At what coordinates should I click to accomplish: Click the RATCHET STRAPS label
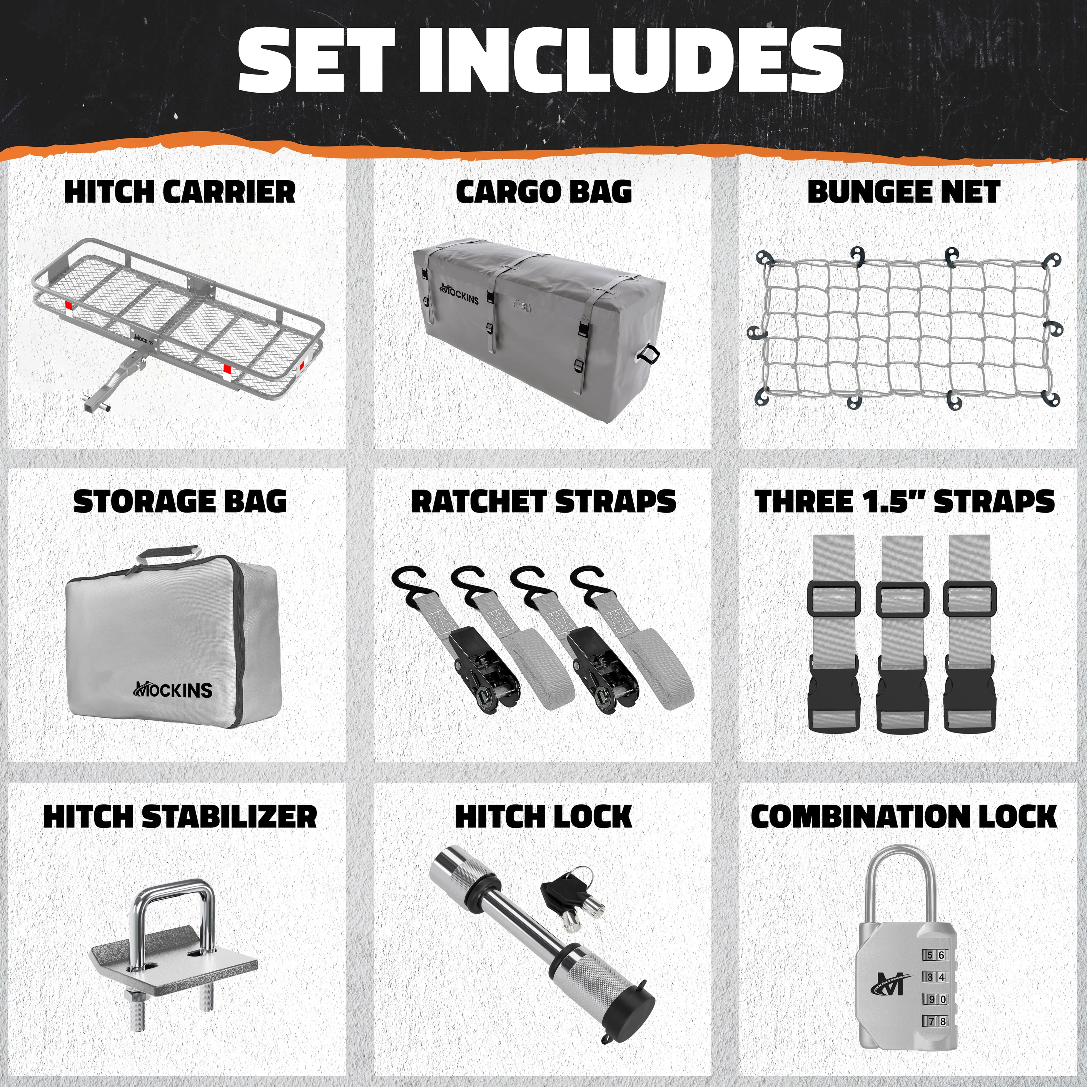pyautogui.click(x=544, y=501)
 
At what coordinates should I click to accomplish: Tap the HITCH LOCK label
pyautogui.click(x=544, y=816)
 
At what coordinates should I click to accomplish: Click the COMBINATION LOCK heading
pyautogui.click(x=903, y=816)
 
